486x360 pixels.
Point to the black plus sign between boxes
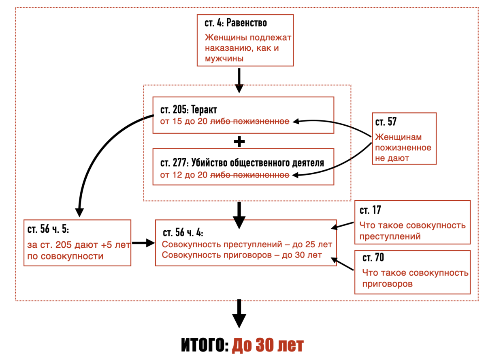(240, 141)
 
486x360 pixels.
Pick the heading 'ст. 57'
(386, 122)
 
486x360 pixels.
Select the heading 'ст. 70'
(373, 258)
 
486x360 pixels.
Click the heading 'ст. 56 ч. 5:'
(48, 229)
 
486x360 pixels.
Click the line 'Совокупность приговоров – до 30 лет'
(242, 255)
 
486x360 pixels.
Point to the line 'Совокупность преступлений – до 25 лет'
(247, 244)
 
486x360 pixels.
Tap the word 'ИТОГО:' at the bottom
(205, 345)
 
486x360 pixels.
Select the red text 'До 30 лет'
(268, 345)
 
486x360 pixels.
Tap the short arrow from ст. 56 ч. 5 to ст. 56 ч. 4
(144, 243)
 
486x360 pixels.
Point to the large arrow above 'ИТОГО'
(239, 314)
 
